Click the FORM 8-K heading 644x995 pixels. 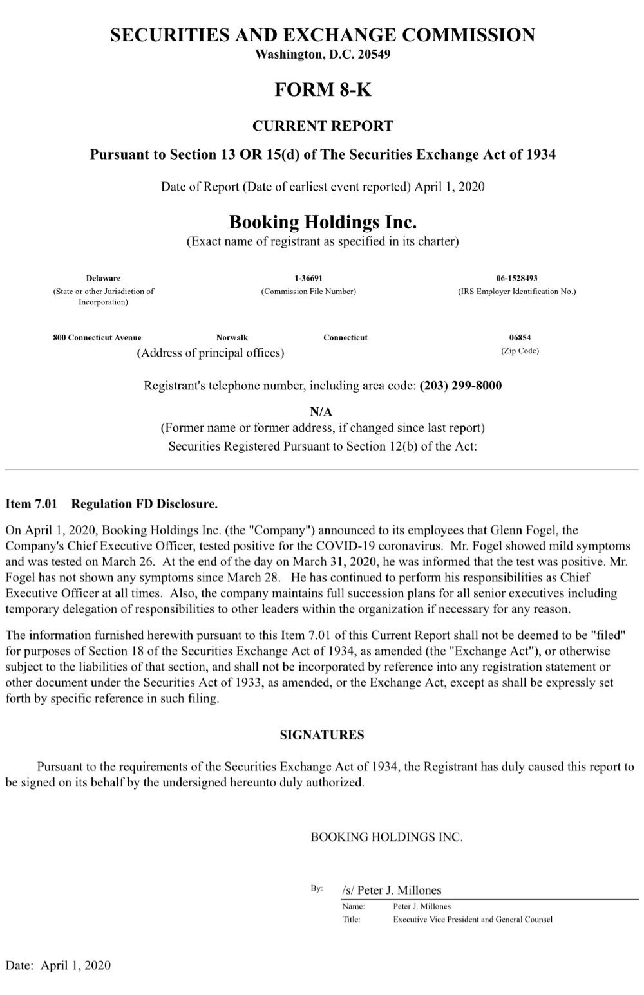(x=323, y=89)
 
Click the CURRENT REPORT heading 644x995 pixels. (x=322, y=126)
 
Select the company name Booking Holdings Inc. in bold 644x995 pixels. (x=323, y=223)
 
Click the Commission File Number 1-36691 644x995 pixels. (x=308, y=278)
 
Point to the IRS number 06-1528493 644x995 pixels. (x=516, y=278)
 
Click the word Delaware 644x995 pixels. (x=103, y=278)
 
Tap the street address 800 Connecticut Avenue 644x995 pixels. (x=97, y=337)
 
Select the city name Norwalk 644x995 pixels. (x=232, y=337)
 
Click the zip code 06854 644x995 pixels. (x=520, y=337)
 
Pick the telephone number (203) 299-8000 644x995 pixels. (x=460, y=386)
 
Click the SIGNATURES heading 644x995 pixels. (x=322, y=735)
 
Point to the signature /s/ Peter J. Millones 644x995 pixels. (x=392, y=890)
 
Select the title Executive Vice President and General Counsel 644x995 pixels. (x=473, y=919)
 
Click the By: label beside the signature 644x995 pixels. (x=316, y=889)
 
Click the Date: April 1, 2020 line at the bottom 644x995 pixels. (x=58, y=965)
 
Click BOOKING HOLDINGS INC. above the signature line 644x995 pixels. (x=386, y=837)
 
